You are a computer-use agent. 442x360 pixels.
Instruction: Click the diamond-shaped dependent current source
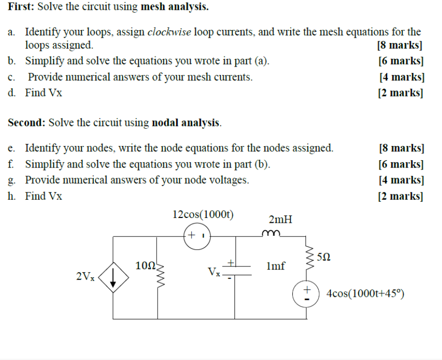[114, 278]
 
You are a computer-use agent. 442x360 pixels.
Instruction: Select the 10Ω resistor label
[145, 266]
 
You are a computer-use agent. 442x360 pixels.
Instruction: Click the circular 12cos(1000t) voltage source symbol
[197, 236]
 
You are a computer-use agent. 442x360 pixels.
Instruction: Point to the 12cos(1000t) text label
[203, 214]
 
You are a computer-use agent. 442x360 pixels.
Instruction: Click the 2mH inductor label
[280, 219]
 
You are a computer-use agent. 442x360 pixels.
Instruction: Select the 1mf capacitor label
[276, 266]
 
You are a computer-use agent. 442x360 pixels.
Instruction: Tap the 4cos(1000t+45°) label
[365, 294]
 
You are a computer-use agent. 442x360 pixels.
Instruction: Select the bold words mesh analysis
[174, 7]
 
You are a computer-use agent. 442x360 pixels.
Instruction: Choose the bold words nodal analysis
[186, 122]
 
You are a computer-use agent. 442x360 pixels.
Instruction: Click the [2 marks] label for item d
[400, 93]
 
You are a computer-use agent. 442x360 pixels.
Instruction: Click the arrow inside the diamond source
[114, 278]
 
